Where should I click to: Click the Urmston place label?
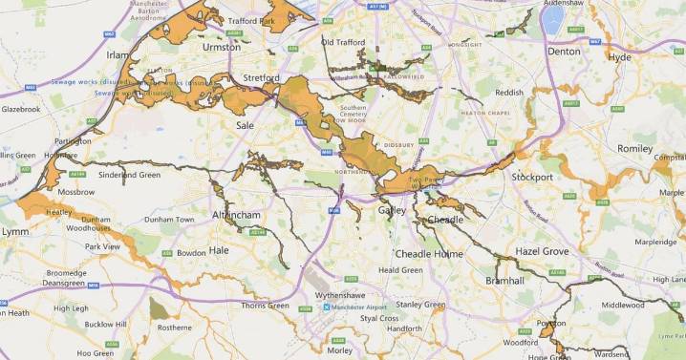221,46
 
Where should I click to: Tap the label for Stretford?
260,78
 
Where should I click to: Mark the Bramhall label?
504,282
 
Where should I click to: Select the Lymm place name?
15,233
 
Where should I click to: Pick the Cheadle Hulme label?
429,255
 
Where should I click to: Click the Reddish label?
509,93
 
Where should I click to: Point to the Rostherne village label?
175,328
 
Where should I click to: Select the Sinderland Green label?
129,176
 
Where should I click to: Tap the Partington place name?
74,140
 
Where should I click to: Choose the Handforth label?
404,328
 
